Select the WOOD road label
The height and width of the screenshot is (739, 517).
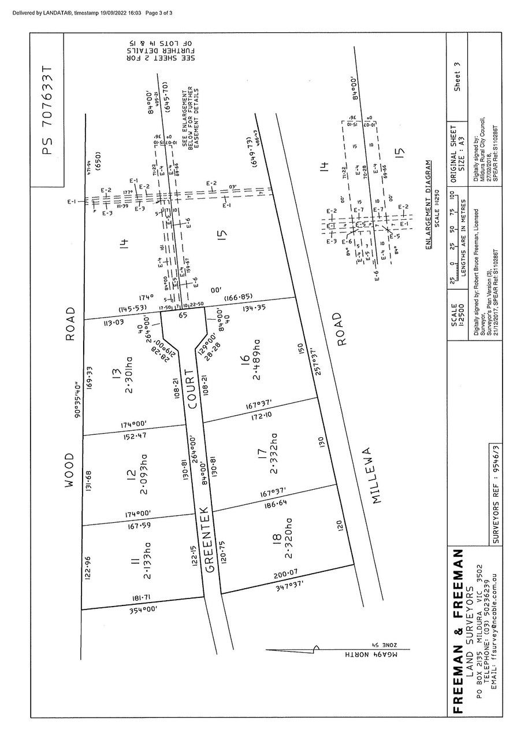coord(70,471)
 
